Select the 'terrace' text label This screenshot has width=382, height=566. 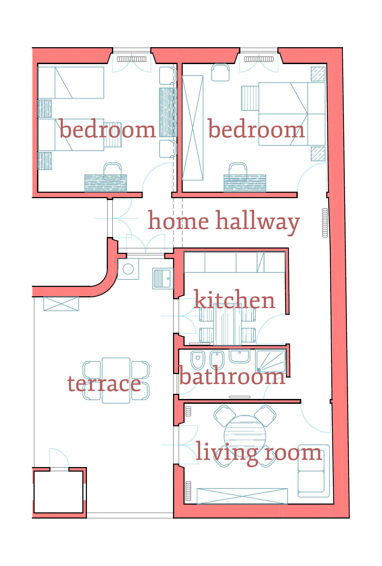(x=104, y=383)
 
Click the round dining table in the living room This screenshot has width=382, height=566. (x=245, y=436)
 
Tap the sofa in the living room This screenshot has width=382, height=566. (x=314, y=471)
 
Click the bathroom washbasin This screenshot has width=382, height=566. (x=240, y=356)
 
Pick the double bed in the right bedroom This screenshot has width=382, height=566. (x=292, y=114)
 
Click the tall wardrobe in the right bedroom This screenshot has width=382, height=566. (x=193, y=128)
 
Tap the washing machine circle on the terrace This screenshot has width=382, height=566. (x=128, y=269)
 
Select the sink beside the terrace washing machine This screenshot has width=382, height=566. (x=163, y=278)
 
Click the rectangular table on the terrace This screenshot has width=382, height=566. (x=116, y=380)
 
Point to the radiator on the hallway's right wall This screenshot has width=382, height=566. (x=325, y=223)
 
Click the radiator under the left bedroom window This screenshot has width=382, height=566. (x=132, y=59)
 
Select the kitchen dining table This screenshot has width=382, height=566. (x=227, y=325)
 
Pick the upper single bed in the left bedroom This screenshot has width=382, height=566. (x=71, y=83)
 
